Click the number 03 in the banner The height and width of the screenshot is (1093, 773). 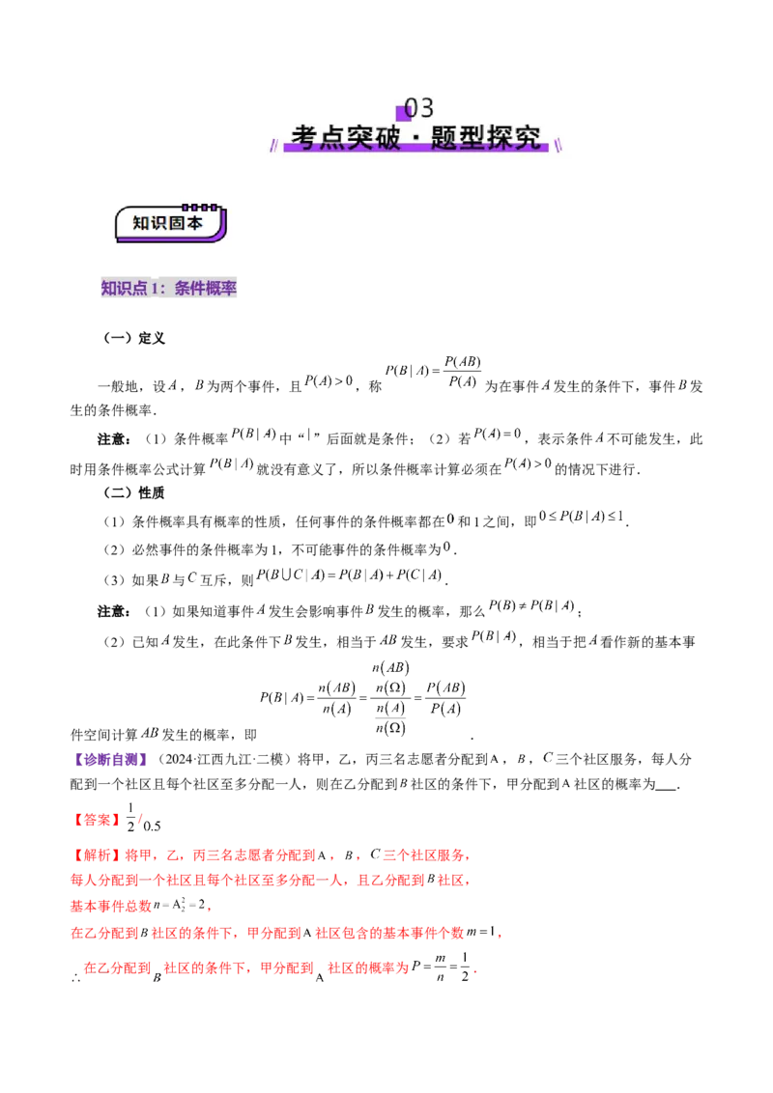coord(419,108)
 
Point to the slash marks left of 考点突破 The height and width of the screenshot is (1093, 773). coord(272,144)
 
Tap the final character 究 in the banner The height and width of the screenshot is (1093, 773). coord(528,137)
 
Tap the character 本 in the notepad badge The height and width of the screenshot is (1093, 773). coord(195,224)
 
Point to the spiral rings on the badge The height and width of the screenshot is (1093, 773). coord(200,207)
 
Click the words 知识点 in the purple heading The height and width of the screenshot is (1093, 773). coord(125,289)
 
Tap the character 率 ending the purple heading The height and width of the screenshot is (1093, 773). coord(229,289)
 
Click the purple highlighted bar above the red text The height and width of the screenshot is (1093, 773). coord(115,761)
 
